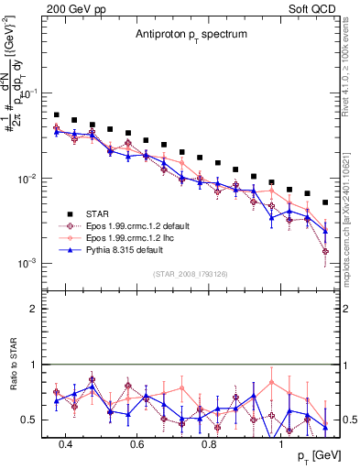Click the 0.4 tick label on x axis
point(65,444)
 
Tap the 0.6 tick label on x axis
point(137,444)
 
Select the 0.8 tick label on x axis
point(209,444)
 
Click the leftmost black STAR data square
point(57,115)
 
